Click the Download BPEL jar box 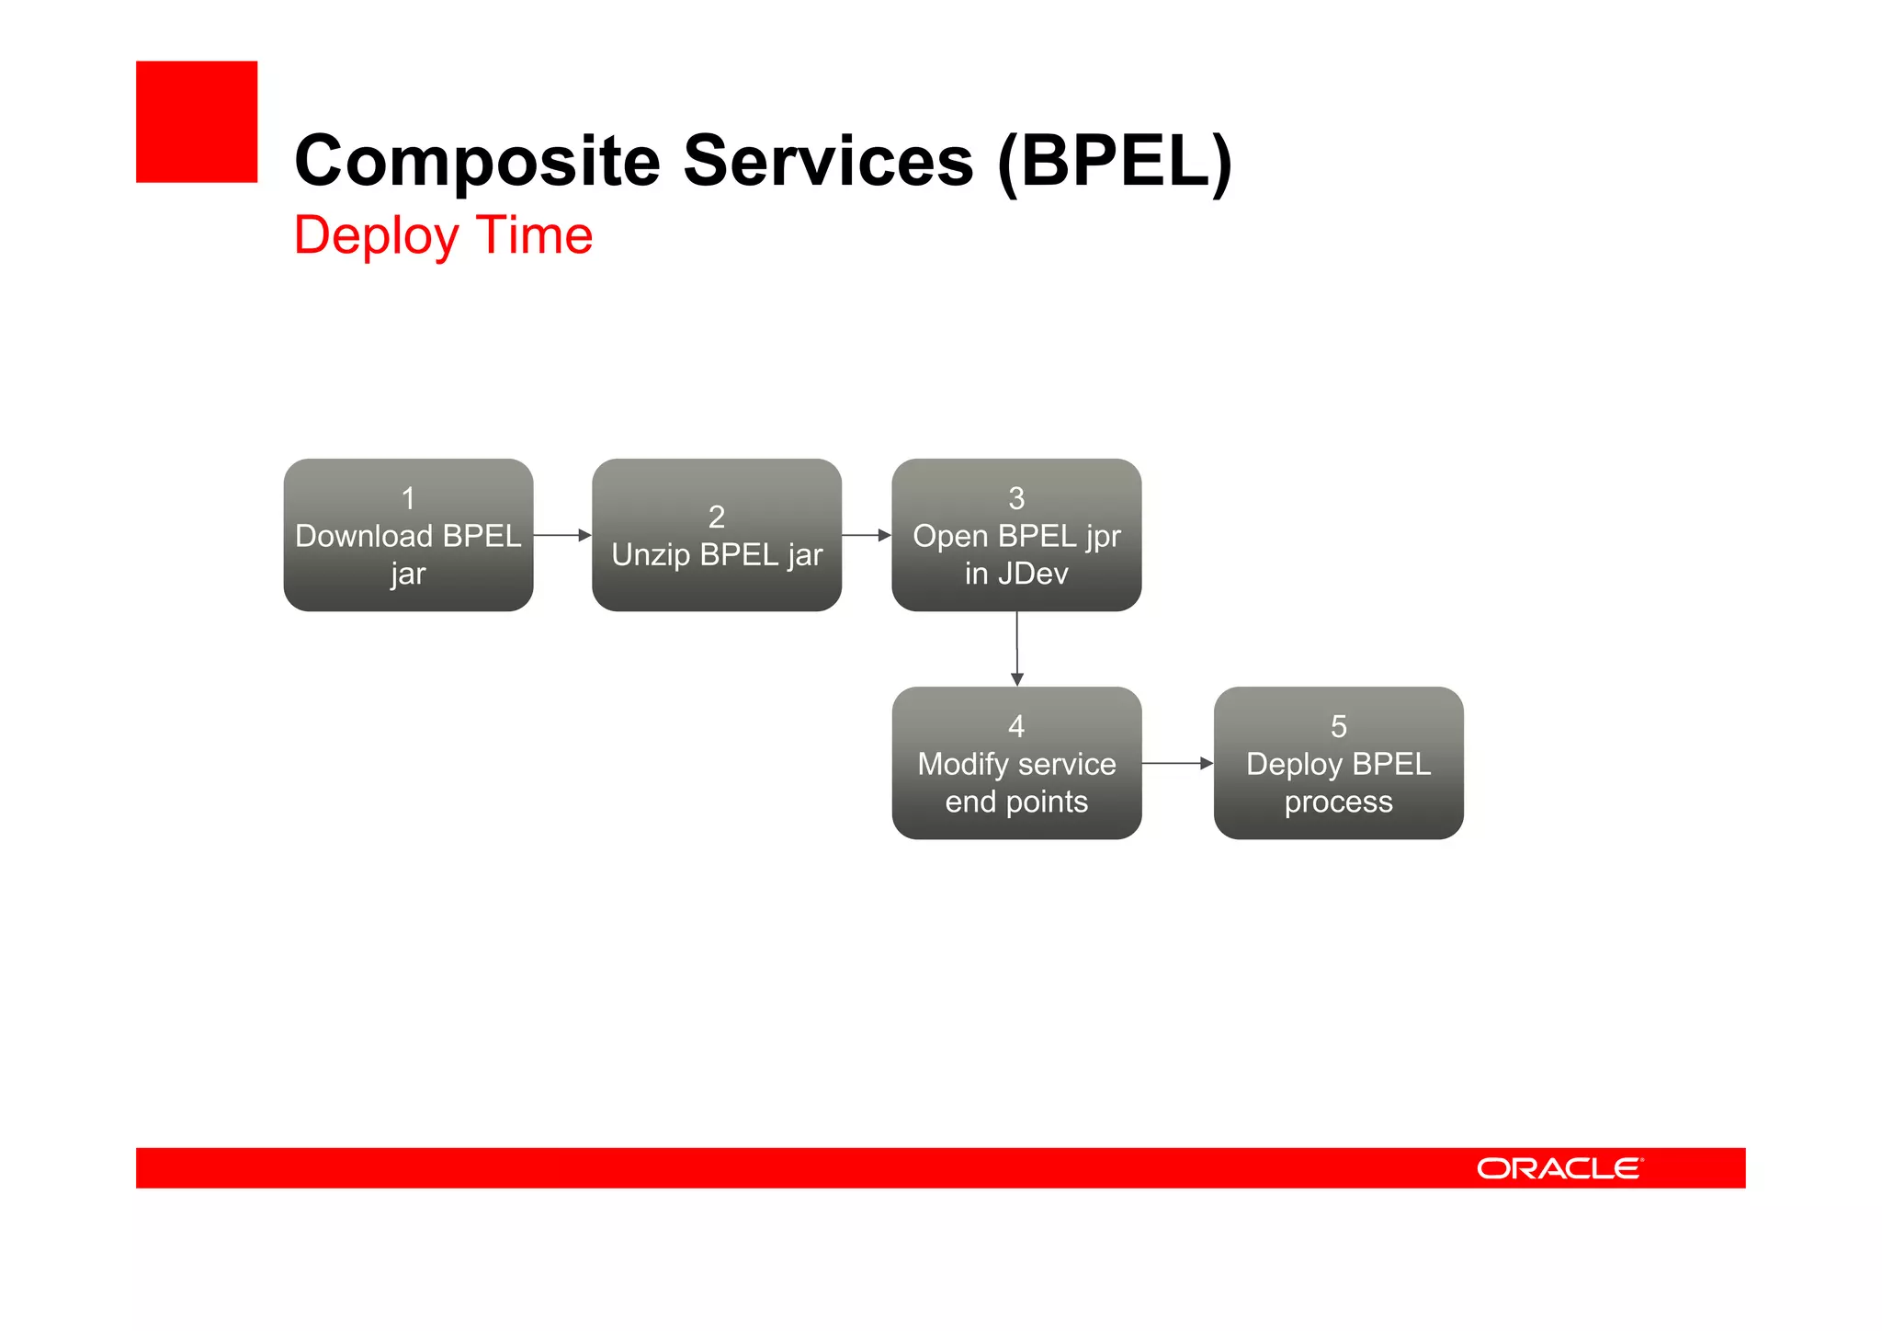pos(408,535)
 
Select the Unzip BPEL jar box pos(717,535)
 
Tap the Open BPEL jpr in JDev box pos(1016,535)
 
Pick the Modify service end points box pos(1016,763)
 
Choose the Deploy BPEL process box pos(1338,763)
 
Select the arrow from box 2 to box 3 pos(867,535)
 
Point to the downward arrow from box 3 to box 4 pos(1016,649)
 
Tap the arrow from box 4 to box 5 pos(1177,763)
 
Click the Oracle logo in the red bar pos(1559,1168)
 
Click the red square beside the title pos(197,122)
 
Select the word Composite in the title pos(477,162)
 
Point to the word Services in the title pos(828,162)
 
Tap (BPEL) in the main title pos(1115,162)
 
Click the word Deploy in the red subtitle pos(376,236)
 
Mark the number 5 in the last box pos(1338,726)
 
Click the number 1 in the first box pos(408,498)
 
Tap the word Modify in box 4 pos(963,764)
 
